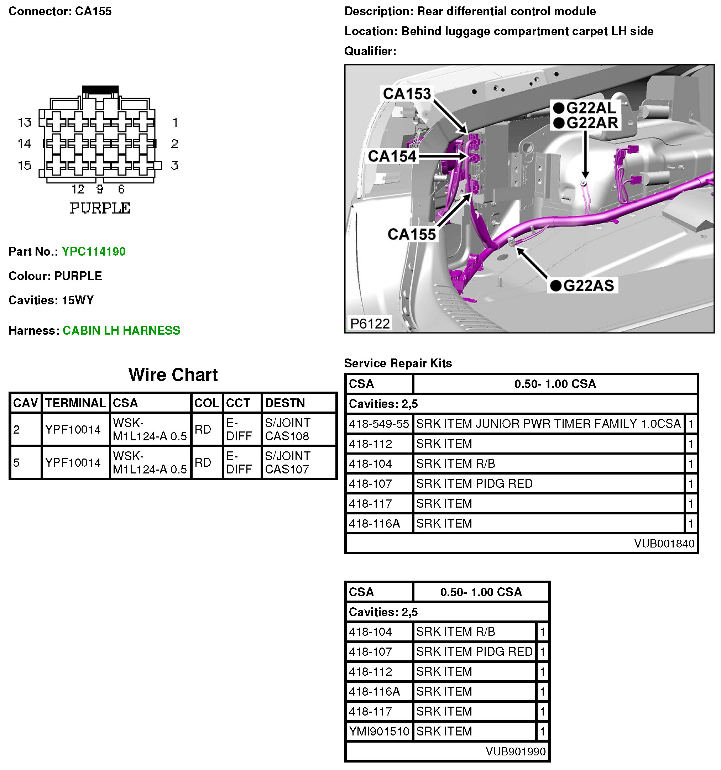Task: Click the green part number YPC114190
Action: (x=93, y=251)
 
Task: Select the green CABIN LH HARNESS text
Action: (x=121, y=330)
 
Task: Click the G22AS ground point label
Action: (x=588, y=286)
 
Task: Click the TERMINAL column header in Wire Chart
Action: (x=75, y=403)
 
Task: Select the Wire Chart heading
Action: (x=173, y=375)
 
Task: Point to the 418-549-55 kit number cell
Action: (x=378, y=424)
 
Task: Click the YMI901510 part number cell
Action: (x=378, y=731)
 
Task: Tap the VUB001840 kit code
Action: (x=664, y=544)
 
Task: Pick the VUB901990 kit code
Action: (x=515, y=751)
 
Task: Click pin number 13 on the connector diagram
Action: (x=25, y=122)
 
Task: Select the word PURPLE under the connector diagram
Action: (x=100, y=208)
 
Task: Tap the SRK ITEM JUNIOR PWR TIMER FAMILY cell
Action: (x=548, y=424)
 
